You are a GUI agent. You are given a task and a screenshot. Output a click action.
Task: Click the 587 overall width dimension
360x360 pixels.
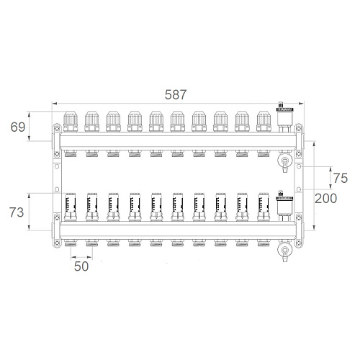pyautogui.click(x=176, y=95)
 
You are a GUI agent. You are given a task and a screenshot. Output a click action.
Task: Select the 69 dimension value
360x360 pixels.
pyautogui.click(x=18, y=127)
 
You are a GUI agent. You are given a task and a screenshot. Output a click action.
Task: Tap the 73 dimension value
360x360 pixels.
pyautogui.click(x=17, y=212)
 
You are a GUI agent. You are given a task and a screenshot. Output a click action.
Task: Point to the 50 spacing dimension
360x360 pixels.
pyautogui.click(x=81, y=266)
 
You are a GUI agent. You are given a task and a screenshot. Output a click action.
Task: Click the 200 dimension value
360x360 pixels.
pyautogui.click(x=325, y=199)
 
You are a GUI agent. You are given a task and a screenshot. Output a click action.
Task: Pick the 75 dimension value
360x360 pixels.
pyautogui.click(x=341, y=179)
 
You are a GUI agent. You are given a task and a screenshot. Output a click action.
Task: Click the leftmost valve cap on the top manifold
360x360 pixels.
pyautogui.click(x=71, y=122)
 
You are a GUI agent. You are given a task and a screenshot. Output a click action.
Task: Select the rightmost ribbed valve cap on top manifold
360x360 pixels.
pyautogui.click(x=264, y=122)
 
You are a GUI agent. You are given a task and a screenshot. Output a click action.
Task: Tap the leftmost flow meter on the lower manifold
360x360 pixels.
pyautogui.click(x=71, y=207)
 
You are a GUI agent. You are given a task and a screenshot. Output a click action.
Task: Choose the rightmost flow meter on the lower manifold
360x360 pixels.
pyautogui.click(x=264, y=207)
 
